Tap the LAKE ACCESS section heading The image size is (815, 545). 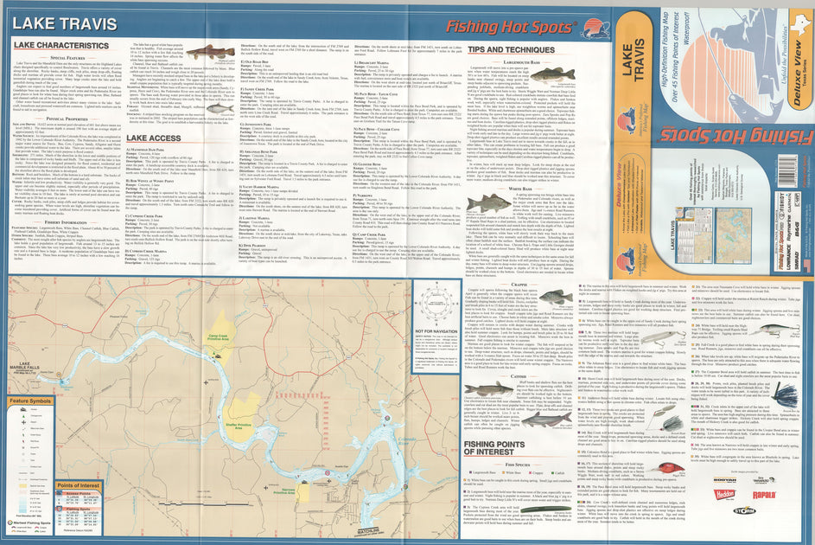coord(153,138)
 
